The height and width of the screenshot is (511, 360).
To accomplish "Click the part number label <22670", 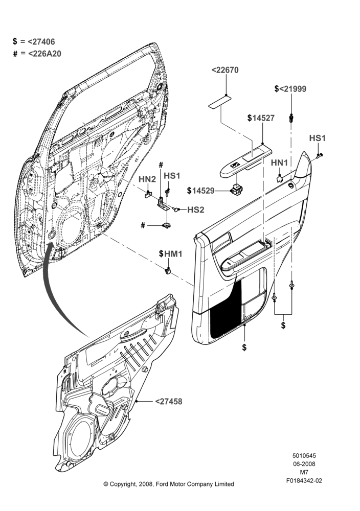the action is tap(225, 70).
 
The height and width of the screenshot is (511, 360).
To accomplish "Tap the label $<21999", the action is tap(290, 88).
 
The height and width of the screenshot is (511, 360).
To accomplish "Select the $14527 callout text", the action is tap(261, 118).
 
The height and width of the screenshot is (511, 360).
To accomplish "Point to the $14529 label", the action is tap(201, 191).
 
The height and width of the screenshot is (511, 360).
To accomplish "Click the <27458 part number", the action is tap(169, 402).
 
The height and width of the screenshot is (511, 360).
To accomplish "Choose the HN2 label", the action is tap(147, 179).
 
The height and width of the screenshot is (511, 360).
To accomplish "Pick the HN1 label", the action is tap(279, 162).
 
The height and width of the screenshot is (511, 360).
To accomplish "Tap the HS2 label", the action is tap(196, 210).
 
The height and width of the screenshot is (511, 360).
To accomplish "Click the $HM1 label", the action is tap(171, 253).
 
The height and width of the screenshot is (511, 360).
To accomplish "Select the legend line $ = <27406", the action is tap(34, 41).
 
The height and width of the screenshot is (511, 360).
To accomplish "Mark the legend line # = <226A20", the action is tap(37, 54).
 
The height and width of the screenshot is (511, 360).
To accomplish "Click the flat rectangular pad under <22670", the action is tap(220, 101).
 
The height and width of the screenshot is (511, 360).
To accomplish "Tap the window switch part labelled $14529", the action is tap(236, 190).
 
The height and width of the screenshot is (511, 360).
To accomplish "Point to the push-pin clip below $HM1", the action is tap(168, 270).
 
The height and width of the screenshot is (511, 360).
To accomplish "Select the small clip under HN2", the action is tap(148, 194).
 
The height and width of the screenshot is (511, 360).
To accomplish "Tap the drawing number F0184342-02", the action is tap(304, 480).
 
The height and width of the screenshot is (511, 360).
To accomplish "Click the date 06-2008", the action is tap(304, 464).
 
